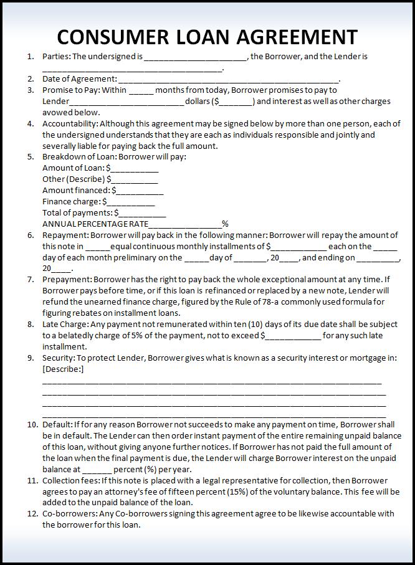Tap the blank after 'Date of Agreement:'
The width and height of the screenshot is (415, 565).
point(228,80)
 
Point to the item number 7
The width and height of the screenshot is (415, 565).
point(31,280)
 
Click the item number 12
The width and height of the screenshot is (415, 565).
point(32,514)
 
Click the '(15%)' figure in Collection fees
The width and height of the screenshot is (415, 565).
point(232,491)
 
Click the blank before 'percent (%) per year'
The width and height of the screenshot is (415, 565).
point(97,470)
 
